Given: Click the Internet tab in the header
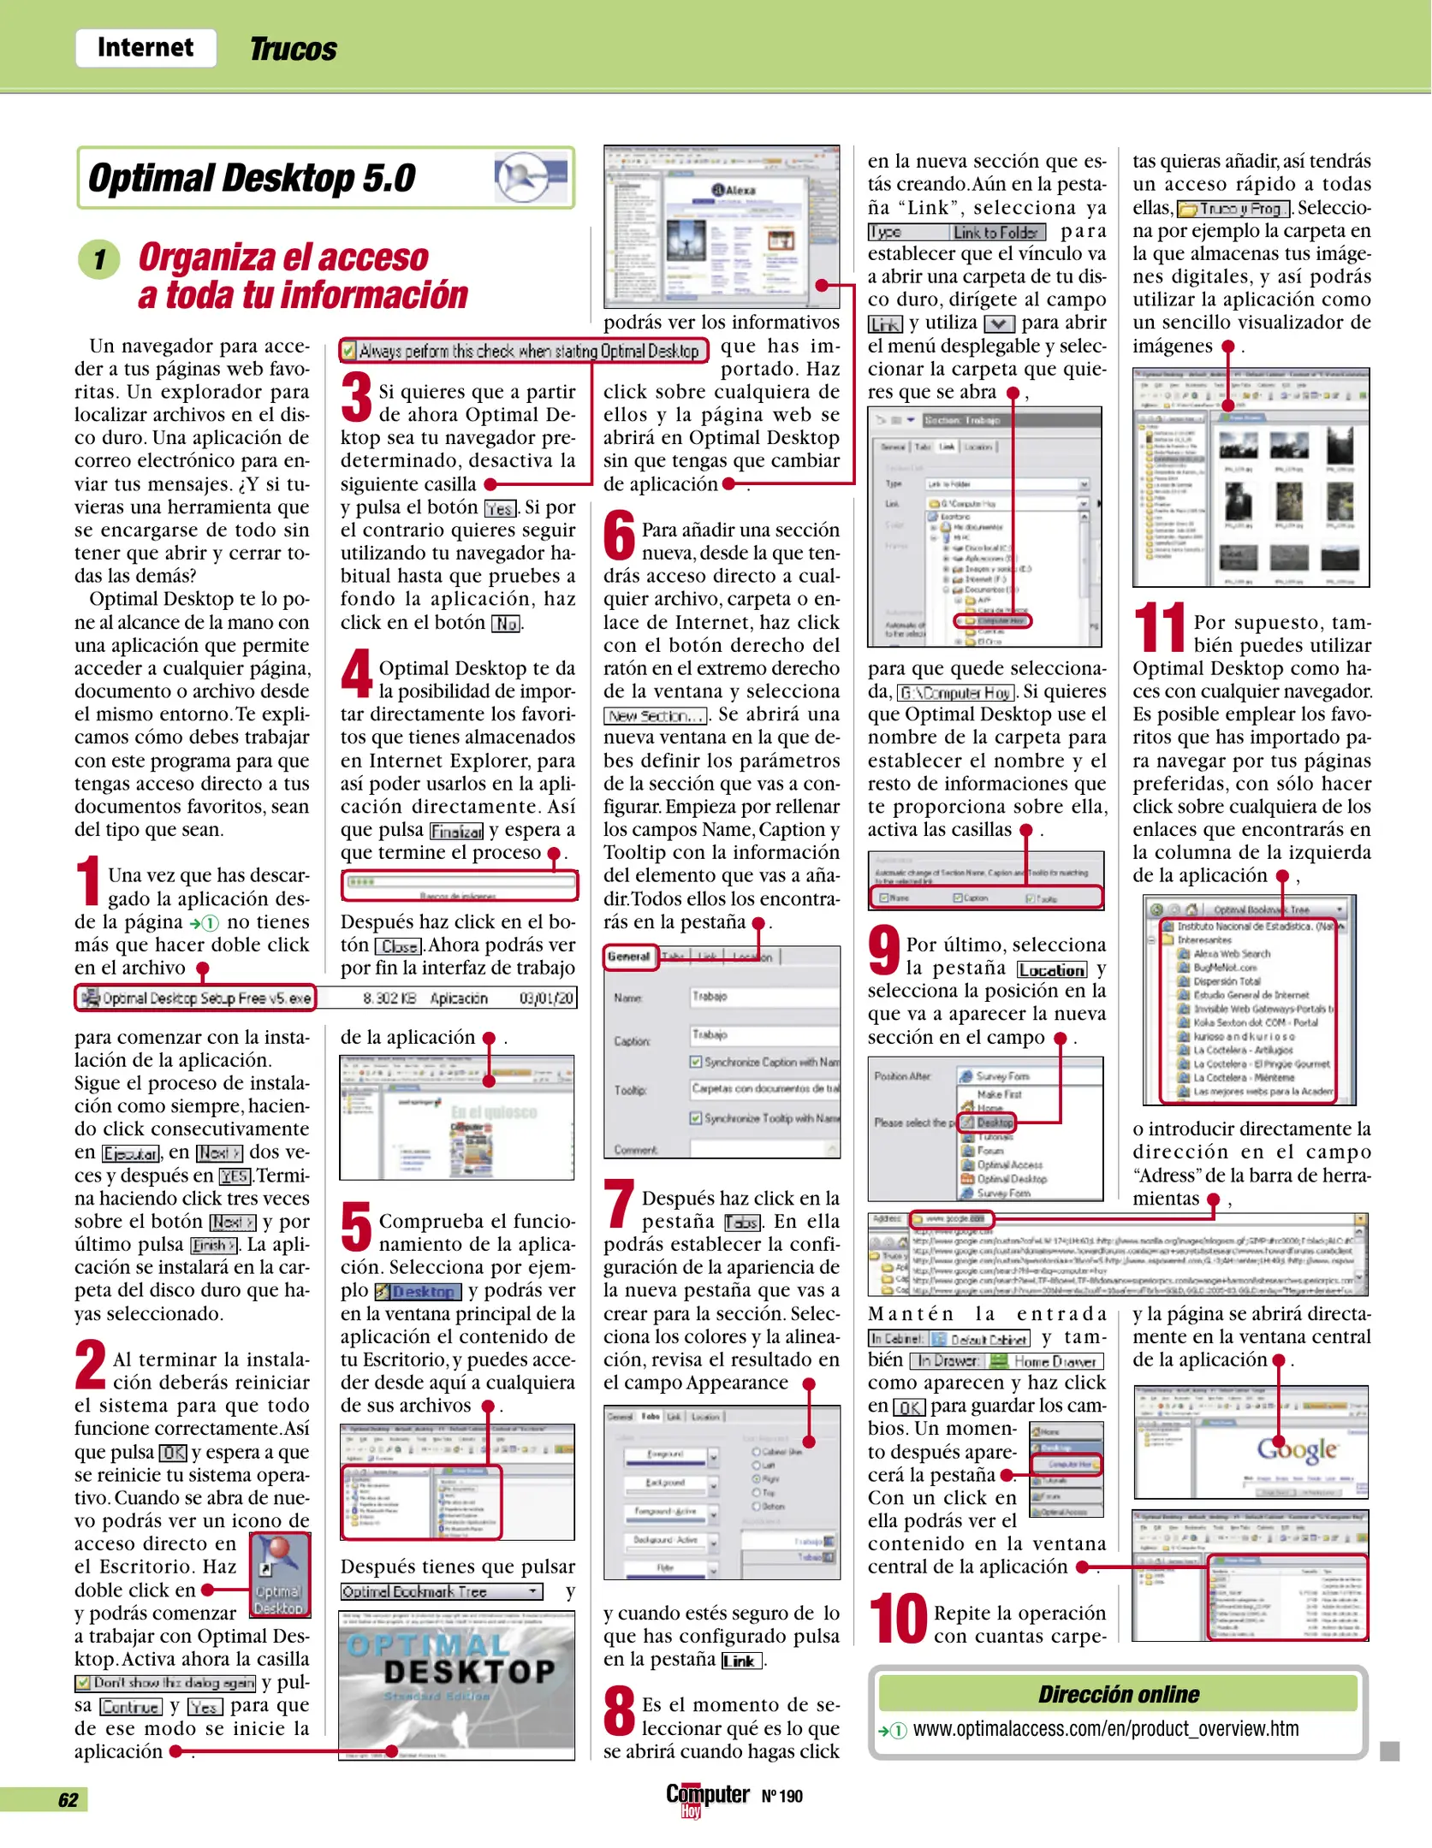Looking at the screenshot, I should (146, 48).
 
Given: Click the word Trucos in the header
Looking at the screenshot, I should (293, 50).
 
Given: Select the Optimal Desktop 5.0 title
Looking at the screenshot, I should (252, 179).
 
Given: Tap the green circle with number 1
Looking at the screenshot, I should (99, 259).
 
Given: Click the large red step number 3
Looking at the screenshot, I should (356, 398).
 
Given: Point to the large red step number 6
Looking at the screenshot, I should (619, 536).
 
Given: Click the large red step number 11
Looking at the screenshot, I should (1159, 629).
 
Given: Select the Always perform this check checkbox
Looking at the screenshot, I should (348, 352).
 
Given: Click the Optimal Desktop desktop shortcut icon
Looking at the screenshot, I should (279, 1575).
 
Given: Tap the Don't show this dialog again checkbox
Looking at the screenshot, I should (84, 1683).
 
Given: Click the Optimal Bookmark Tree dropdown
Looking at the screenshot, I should (442, 1591).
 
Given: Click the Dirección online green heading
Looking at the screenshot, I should (1118, 1694).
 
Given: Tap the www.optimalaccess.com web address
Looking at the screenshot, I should (1105, 1729).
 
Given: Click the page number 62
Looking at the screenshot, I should (68, 1800).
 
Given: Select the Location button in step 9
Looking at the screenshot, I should (1052, 969).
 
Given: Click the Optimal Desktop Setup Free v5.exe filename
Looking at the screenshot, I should (205, 998).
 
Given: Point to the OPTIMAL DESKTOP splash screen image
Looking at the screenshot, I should (456, 1685).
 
